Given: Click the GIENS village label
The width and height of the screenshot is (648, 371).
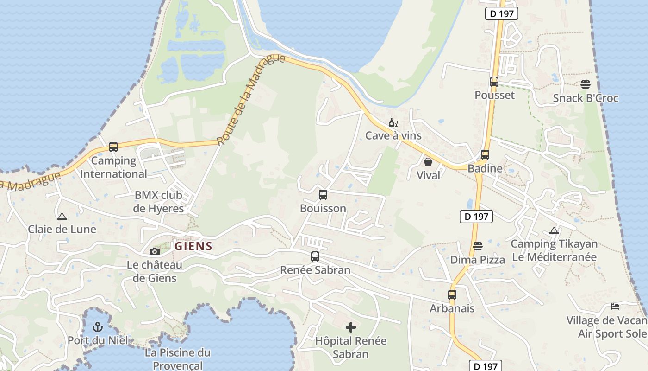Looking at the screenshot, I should (x=193, y=246).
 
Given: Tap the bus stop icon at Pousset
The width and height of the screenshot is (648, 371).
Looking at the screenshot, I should (x=494, y=82).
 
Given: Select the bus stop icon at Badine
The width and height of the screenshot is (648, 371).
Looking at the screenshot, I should (x=485, y=155).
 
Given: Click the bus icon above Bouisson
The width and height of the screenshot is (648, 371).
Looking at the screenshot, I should (x=323, y=195).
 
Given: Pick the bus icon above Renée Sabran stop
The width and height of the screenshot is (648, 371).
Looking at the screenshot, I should (x=315, y=256).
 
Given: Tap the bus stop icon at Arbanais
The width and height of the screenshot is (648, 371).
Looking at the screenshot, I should (x=452, y=294).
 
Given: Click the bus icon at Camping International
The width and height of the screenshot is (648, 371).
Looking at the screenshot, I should (x=113, y=147).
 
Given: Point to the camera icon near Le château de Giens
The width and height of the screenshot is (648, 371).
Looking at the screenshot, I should (x=155, y=251).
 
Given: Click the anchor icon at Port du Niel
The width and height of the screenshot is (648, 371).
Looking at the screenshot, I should (x=97, y=327).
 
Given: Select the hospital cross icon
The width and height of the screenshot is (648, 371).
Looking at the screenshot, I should (x=351, y=327).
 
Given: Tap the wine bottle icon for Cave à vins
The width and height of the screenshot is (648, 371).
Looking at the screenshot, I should (x=393, y=123).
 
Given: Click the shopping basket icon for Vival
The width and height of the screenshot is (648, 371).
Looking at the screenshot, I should (x=428, y=162).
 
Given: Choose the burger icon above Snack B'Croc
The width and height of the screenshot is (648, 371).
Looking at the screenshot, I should (x=586, y=84).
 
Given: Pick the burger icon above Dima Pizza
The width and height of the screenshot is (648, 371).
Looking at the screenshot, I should (x=478, y=246).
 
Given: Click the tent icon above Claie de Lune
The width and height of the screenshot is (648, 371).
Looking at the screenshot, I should (x=62, y=216).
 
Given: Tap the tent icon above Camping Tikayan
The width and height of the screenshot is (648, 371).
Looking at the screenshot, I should (x=554, y=230).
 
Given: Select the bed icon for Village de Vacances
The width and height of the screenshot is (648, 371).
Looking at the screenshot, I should (x=615, y=307).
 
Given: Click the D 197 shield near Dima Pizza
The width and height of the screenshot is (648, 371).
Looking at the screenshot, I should (x=476, y=216).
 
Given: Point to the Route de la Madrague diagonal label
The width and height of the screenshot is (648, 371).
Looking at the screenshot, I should (x=250, y=100).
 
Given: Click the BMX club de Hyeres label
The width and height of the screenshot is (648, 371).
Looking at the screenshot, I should (x=158, y=202).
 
